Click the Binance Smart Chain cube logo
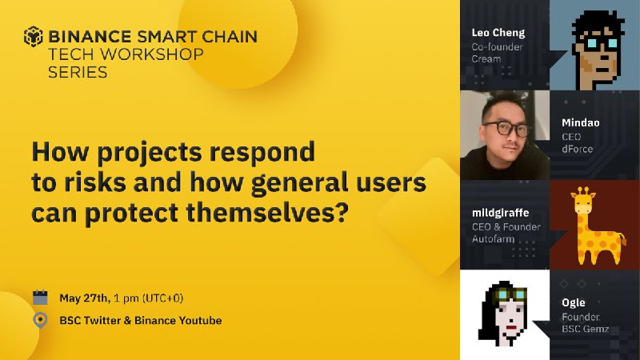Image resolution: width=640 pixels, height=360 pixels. point(33,36)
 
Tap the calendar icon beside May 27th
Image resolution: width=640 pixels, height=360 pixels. point(40,298)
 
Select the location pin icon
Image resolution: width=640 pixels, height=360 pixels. point(40,321)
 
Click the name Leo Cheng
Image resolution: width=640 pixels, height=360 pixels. point(498,33)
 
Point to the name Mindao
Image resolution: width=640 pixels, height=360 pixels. point(581,122)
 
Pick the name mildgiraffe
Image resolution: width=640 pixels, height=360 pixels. point(501,213)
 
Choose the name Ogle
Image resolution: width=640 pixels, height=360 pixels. point(574,302)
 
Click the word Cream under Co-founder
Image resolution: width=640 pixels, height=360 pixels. point(486,59)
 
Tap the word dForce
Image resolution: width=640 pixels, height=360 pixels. point(577,149)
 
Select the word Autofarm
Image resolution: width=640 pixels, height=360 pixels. point(493,238)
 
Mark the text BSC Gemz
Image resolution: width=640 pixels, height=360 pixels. point(586,329)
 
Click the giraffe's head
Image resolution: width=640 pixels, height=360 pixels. point(583,201)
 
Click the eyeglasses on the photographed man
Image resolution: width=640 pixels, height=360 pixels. point(506,129)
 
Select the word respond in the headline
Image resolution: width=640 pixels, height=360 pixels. point(262,152)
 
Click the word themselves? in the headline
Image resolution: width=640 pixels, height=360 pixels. point(267,212)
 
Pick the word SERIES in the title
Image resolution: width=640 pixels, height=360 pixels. point(78,72)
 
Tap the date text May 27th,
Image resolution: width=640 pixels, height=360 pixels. point(85,298)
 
